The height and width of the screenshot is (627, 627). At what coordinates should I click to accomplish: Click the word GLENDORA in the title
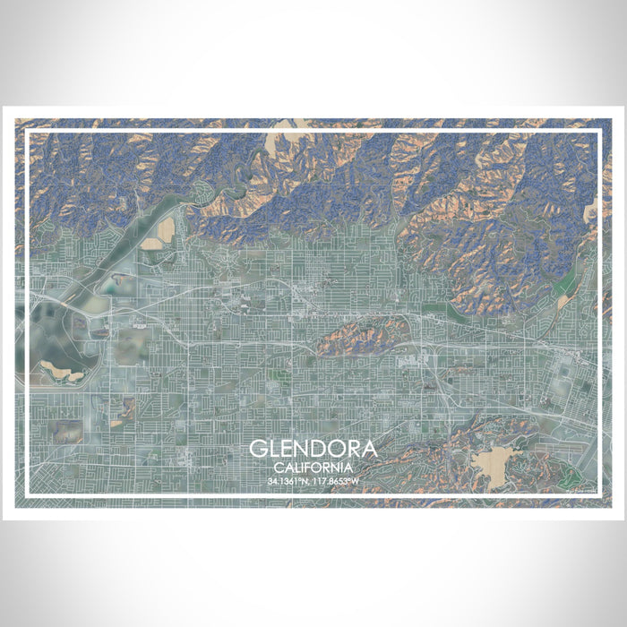pos(313,449)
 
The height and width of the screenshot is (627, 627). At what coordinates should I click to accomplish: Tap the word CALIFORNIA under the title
pos(313,467)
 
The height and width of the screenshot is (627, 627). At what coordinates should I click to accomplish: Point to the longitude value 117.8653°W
pos(336,481)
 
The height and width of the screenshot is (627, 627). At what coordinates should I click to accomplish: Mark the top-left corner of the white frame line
pos(27,132)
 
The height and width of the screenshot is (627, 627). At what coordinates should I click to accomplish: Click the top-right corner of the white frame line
pos(599,132)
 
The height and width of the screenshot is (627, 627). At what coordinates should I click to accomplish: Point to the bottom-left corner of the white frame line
pos(27,495)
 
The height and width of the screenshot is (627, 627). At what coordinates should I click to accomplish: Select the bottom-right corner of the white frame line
pos(599,495)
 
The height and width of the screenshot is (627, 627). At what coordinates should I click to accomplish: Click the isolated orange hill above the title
pos(358,333)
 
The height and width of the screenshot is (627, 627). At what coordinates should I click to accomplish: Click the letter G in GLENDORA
pos(258,449)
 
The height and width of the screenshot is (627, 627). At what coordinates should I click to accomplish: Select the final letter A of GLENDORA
pos(369,449)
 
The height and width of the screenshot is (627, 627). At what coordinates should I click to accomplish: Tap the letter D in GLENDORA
pos(315,449)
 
